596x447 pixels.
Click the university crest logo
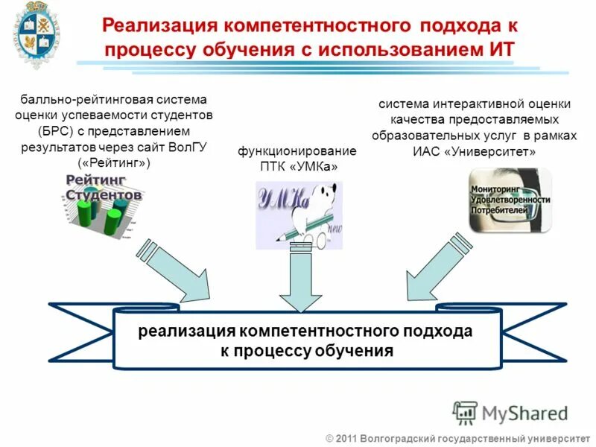click(36, 35)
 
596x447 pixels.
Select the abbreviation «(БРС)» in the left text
click(55, 131)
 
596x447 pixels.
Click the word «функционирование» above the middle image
click(297, 151)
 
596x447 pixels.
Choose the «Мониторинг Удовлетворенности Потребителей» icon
click(510, 199)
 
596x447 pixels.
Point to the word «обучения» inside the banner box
click(352, 350)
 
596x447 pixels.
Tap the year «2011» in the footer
click(347, 437)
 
